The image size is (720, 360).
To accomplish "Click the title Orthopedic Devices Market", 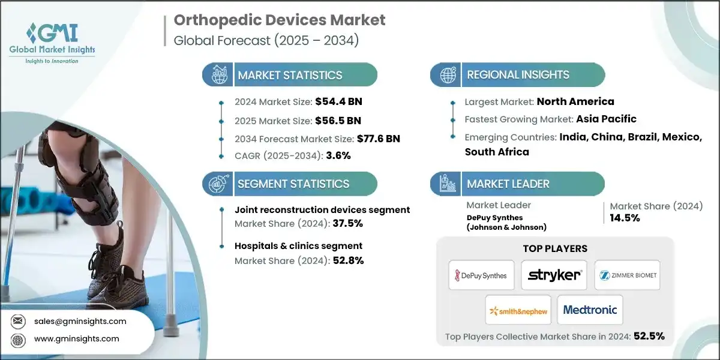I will tap(280, 20).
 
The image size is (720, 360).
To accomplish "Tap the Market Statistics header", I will tap(290, 75).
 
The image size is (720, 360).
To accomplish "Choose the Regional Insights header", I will tap(518, 75).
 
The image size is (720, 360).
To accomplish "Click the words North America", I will tap(575, 101).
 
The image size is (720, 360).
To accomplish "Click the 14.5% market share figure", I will tap(625, 218).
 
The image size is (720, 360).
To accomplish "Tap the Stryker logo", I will tap(554, 275).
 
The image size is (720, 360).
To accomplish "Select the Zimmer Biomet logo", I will tap(627, 275).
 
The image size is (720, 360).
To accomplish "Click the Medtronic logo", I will tap(590, 310).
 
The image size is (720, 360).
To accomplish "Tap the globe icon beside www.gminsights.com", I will tap(19, 339).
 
